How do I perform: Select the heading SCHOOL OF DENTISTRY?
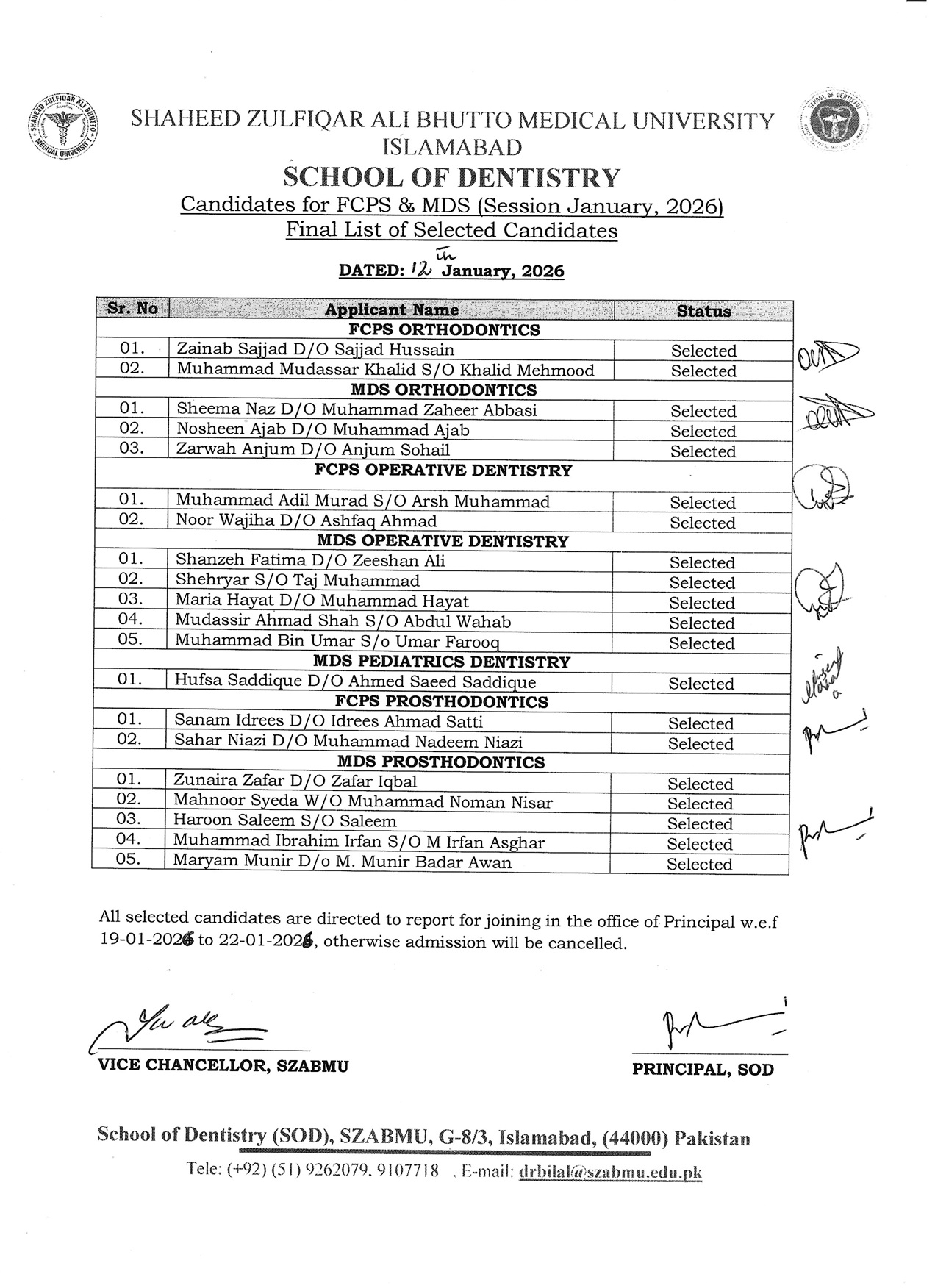tap(452, 178)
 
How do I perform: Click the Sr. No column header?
tap(132, 309)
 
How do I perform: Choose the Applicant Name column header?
tap(392, 310)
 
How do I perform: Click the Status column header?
tap(703, 311)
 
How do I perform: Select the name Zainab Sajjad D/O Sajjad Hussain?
tap(315, 350)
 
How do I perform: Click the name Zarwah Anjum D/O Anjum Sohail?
tap(313, 450)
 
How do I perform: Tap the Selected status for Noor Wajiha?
tap(702, 523)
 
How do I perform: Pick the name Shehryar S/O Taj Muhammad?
tap(298, 581)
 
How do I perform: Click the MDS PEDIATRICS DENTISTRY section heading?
tap(441, 662)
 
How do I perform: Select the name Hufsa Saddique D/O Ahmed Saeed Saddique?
tap(355, 681)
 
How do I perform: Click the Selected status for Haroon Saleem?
tap(700, 824)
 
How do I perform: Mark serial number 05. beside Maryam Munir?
tap(129, 859)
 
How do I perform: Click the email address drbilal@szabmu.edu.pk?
tap(610, 1173)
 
